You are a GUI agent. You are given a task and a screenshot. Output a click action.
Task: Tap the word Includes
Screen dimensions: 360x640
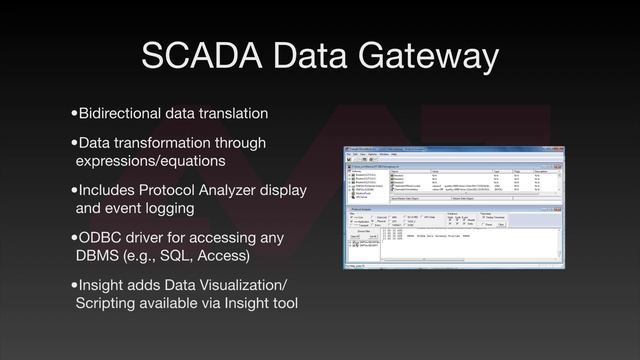click(107, 190)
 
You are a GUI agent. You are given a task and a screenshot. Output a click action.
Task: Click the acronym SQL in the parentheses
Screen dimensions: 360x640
click(182, 256)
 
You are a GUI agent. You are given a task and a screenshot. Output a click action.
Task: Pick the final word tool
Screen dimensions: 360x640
click(285, 304)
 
